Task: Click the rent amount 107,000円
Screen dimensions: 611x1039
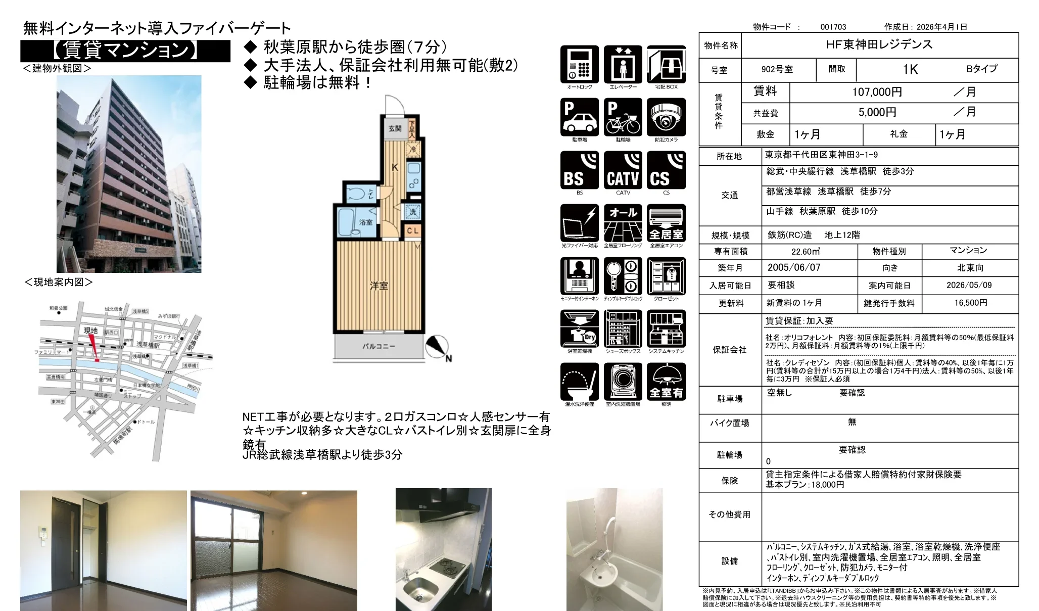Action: point(877,92)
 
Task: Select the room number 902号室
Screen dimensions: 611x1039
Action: point(777,69)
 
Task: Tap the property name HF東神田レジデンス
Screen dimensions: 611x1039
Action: point(879,44)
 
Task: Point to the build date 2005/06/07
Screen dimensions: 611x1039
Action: point(793,267)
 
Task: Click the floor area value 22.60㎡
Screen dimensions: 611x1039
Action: point(806,251)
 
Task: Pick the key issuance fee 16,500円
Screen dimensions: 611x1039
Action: point(970,303)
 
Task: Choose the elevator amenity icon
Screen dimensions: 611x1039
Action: point(623,64)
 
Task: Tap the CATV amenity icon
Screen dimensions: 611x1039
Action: point(623,170)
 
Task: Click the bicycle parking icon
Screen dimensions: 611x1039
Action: point(623,117)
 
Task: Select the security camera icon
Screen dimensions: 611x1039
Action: point(666,117)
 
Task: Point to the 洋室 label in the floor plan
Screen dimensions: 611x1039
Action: point(379,286)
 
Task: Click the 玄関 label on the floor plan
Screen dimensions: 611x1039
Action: point(395,129)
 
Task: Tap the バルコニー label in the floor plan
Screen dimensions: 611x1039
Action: point(379,347)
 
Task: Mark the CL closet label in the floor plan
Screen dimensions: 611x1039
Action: point(412,230)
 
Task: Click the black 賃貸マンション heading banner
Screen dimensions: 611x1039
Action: point(125,51)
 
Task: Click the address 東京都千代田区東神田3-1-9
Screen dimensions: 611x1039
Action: point(821,155)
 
